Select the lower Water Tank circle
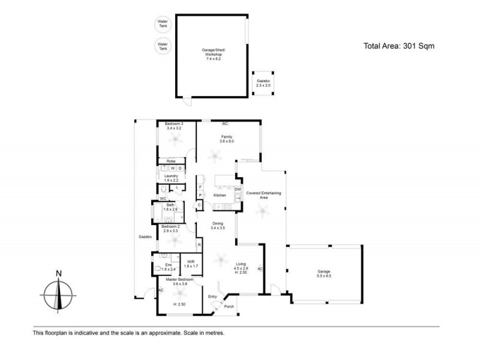click(163, 46)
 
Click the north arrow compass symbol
click(58, 293)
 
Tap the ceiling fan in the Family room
click(214, 157)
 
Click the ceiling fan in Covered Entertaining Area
click(262, 209)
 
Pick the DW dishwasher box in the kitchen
click(238, 190)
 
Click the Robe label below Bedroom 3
click(171, 161)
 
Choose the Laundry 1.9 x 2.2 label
click(171, 178)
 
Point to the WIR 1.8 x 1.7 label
click(191, 263)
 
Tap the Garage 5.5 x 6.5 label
click(323, 274)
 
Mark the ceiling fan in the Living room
click(221, 259)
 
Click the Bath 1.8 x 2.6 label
click(170, 208)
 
